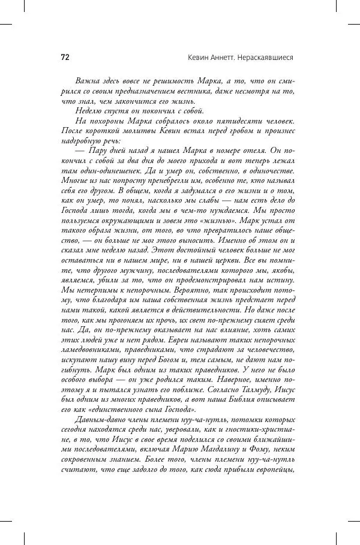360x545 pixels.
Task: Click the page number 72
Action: click(x=65, y=58)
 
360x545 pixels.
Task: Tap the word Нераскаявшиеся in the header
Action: click(x=265, y=58)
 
